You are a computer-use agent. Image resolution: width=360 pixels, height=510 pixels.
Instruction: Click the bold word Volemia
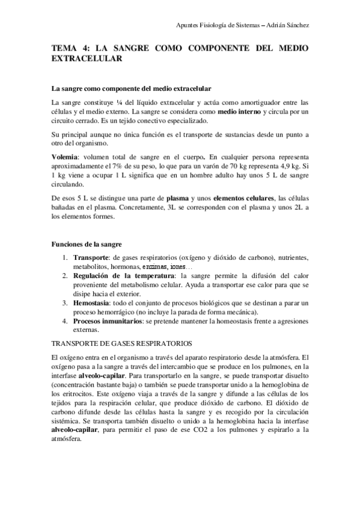(66, 156)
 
